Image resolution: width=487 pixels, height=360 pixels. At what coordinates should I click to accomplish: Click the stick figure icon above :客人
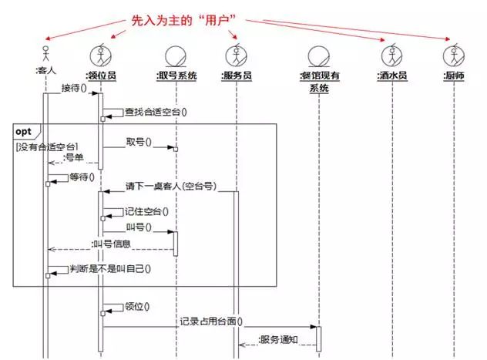pyautogui.click(x=45, y=56)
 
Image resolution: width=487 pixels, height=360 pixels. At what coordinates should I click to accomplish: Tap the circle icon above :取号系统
pyautogui.click(x=176, y=56)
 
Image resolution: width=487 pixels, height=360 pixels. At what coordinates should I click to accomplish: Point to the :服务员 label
pyautogui.click(x=236, y=76)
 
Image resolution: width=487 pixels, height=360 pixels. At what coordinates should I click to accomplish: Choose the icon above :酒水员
pyautogui.click(x=392, y=56)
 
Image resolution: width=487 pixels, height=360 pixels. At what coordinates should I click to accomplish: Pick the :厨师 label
pyautogui.click(x=454, y=76)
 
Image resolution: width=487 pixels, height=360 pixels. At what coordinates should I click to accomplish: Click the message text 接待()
pyautogui.click(x=73, y=87)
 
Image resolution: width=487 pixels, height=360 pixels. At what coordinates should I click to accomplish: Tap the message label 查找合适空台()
pyautogui.click(x=156, y=111)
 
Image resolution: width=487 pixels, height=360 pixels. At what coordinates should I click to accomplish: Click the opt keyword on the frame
pyautogui.click(x=24, y=131)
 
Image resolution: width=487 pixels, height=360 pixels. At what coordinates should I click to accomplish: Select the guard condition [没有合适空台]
pyautogui.click(x=46, y=146)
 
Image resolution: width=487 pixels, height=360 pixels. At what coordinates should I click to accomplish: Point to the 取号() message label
pyautogui.click(x=139, y=143)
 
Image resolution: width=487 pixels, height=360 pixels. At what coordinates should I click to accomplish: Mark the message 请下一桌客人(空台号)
pyautogui.click(x=170, y=187)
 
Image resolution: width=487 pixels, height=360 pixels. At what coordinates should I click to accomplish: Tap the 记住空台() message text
pyautogui.click(x=146, y=210)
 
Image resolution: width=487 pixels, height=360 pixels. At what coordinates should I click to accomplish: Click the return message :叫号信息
pyautogui.click(x=111, y=244)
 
